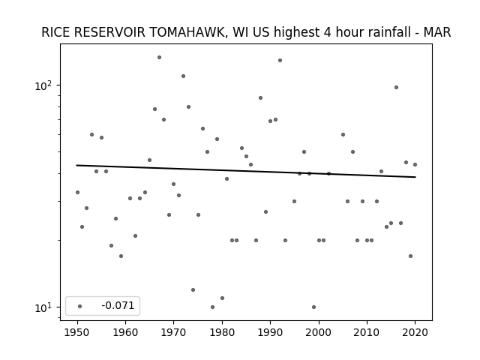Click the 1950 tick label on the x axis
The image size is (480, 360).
coord(77,332)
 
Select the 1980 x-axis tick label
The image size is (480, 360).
coord(222,332)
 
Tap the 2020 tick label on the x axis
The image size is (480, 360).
coord(415,332)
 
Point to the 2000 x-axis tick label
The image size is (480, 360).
coord(318,332)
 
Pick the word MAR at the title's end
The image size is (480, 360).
coord(437,32)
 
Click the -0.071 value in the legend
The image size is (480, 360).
coord(118,305)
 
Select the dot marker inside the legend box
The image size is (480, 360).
coord(79,306)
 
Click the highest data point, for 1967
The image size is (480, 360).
coord(159,57)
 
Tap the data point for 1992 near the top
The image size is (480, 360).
coord(280,60)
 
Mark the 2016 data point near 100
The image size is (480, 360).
coord(396,87)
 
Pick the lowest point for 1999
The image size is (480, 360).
coord(313,307)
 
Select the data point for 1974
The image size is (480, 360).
coord(193,289)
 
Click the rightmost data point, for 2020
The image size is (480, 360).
coord(415,164)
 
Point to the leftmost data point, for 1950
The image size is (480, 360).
coord(77,192)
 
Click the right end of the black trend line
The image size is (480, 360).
coord(415,177)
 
